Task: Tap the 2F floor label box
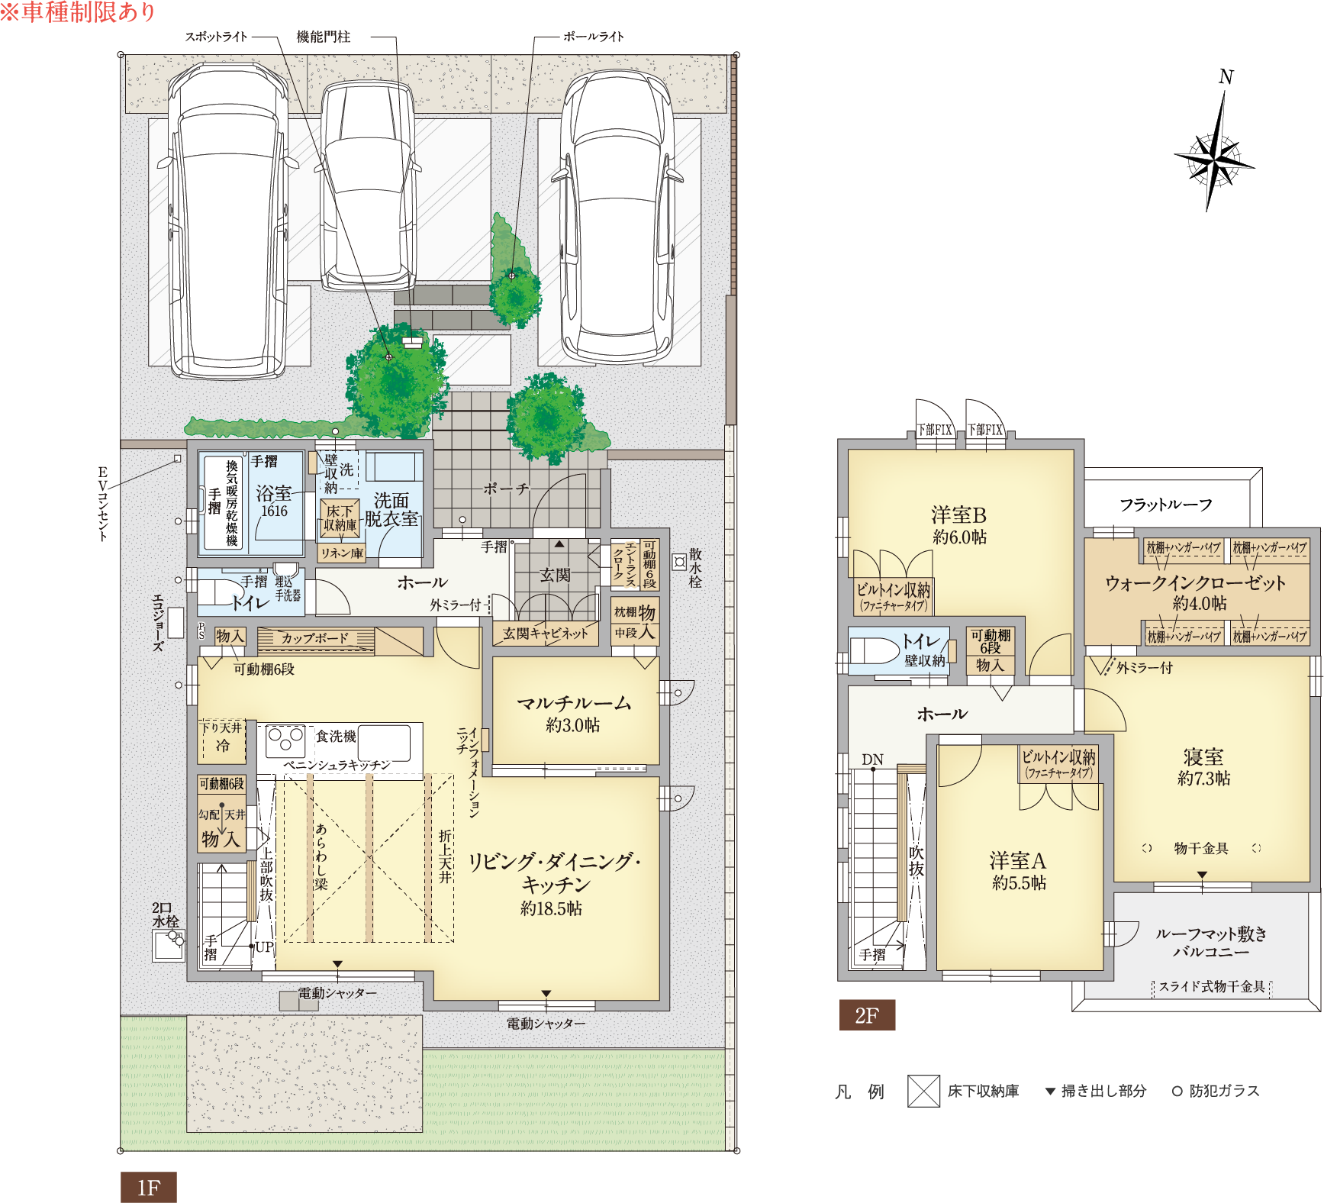pyautogui.click(x=867, y=1015)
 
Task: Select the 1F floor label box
pyautogui.click(x=148, y=1187)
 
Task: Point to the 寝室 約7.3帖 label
pyautogui.click(x=1203, y=767)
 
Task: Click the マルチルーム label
pyautogui.click(x=574, y=703)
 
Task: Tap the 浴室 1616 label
pyautogui.click(x=274, y=502)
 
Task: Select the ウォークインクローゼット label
pyautogui.click(x=1196, y=583)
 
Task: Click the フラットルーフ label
pyautogui.click(x=1166, y=505)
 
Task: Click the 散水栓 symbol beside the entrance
pyautogui.click(x=679, y=563)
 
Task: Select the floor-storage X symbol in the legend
pyautogui.click(x=923, y=1091)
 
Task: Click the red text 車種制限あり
pyautogui.click(x=78, y=12)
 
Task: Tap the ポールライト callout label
pyautogui.click(x=593, y=36)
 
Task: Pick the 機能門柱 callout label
pyautogui.click(x=324, y=36)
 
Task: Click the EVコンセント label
pyautogui.click(x=102, y=504)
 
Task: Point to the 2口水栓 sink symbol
pyautogui.click(x=169, y=945)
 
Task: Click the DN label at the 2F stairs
pyautogui.click(x=872, y=760)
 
